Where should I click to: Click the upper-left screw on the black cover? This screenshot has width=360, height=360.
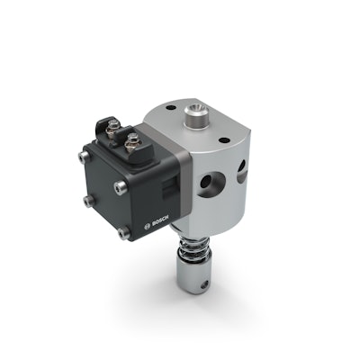[x=84, y=157]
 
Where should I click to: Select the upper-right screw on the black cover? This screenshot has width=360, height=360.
[x=120, y=186]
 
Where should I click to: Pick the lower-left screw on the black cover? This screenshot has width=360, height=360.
[x=86, y=201]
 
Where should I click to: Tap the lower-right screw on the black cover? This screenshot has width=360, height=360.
[x=122, y=232]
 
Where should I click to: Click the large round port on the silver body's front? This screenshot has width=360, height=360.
[x=207, y=184]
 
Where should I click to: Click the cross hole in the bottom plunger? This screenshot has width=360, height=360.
[x=206, y=288]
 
